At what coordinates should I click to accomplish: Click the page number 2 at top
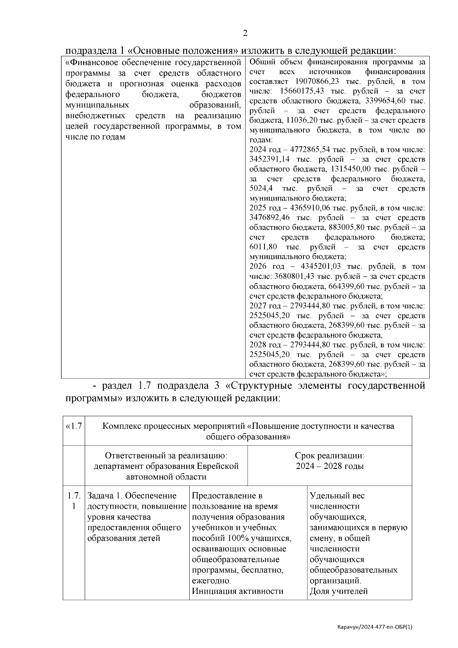point(245,33)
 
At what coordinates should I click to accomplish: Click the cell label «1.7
point(74,426)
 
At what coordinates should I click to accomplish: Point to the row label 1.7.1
point(74,501)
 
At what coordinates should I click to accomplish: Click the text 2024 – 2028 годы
point(329,466)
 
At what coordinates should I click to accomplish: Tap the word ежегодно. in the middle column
point(211,581)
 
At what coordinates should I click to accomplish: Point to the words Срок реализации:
point(329,456)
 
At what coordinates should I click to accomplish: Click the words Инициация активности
point(237,591)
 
